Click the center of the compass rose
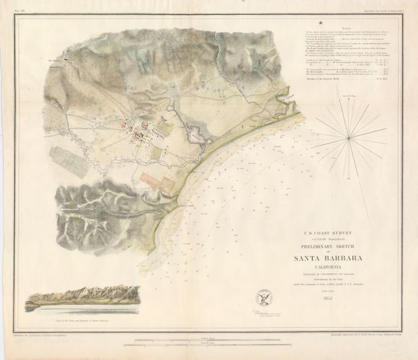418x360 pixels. (349, 136)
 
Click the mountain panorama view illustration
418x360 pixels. (80, 296)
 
